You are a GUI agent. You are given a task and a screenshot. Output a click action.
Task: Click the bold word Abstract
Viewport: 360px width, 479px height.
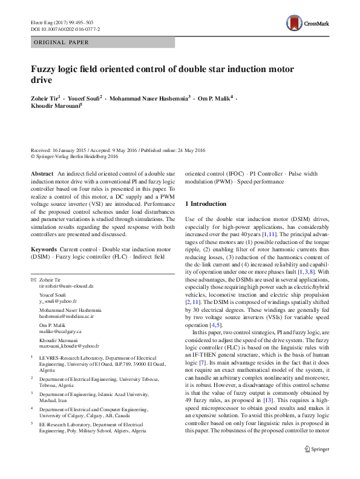(42, 173)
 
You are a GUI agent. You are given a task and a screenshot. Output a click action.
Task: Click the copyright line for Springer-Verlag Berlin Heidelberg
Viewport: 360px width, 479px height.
(74, 156)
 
